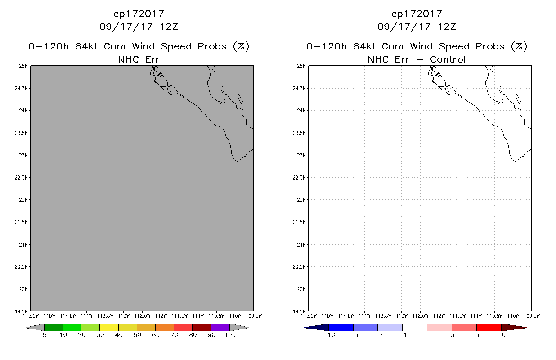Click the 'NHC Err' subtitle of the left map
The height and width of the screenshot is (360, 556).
pyautogui.click(x=139, y=60)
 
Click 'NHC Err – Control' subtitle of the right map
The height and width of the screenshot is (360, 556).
pyautogui.click(x=417, y=60)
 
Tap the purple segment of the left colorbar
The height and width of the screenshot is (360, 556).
pyautogui.click(x=220, y=328)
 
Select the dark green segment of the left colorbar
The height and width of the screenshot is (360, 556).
pyautogui.click(x=54, y=328)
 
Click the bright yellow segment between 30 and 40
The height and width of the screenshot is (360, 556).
pyautogui.click(x=109, y=328)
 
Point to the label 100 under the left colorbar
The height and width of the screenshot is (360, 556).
pyautogui.click(x=230, y=335)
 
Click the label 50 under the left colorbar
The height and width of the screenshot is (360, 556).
pyautogui.click(x=137, y=335)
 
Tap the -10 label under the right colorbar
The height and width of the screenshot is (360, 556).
pyautogui.click(x=329, y=335)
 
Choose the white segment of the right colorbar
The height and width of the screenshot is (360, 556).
pyautogui.click(x=415, y=328)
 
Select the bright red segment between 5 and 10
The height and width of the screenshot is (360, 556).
pyautogui.click(x=489, y=328)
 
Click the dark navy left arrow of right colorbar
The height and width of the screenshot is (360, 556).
pyautogui.click(x=317, y=328)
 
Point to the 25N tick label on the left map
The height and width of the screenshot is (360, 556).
pyautogui.click(x=23, y=66)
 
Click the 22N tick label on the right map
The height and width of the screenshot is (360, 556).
pyautogui.click(x=301, y=200)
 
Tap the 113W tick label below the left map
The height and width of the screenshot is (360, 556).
pyautogui.click(x=124, y=316)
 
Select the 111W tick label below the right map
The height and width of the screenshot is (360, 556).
pyautogui.click(x=476, y=316)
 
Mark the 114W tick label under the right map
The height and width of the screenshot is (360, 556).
pyautogui.click(x=364, y=316)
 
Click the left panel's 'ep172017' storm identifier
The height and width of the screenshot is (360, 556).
pyautogui.click(x=139, y=14)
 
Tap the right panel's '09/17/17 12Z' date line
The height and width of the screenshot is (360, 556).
pyautogui.click(x=417, y=27)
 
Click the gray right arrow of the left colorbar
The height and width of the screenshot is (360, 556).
pyautogui.click(x=239, y=328)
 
